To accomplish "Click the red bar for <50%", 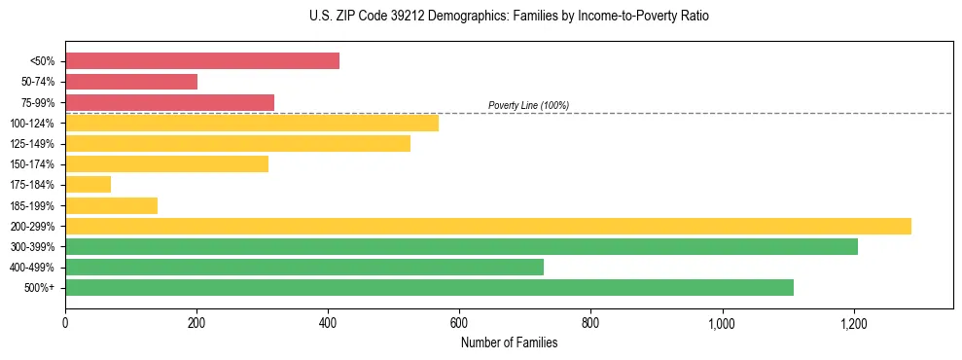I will (202, 61).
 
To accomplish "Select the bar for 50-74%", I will (131, 82).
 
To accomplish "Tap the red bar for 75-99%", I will (169, 102).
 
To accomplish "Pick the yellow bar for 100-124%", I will (252, 123).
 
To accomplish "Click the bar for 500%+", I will (429, 287).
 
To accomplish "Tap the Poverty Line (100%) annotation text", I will (528, 105).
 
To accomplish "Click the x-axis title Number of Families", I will (509, 342).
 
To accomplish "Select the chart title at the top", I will (481, 17).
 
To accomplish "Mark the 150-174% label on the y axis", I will (32, 164).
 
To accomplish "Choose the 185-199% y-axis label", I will (32, 205).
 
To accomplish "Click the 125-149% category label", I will (32, 144).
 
